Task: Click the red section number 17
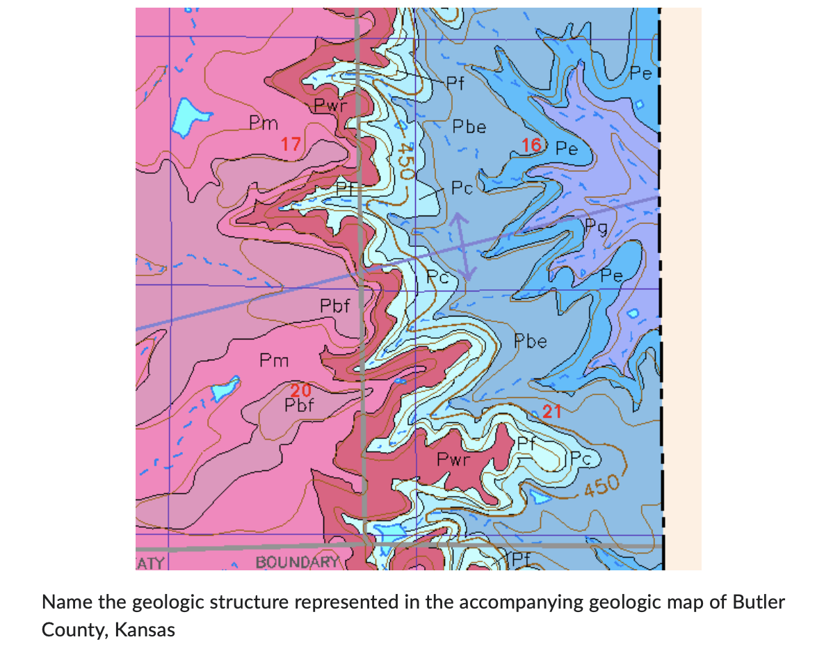pos(291,145)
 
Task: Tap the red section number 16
pos(531,145)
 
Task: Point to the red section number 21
pos(552,411)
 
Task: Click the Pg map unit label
pos(596,225)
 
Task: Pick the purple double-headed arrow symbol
pos(461,246)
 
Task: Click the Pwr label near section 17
pos(329,106)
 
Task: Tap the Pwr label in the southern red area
pos(453,460)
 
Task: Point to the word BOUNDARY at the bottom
pos(297,562)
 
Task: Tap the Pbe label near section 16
pos(469,127)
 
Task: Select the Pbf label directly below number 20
pos(300,404)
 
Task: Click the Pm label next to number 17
pos(264,124)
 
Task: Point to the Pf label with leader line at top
pos(455,83)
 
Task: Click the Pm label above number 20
pos(273,360)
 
